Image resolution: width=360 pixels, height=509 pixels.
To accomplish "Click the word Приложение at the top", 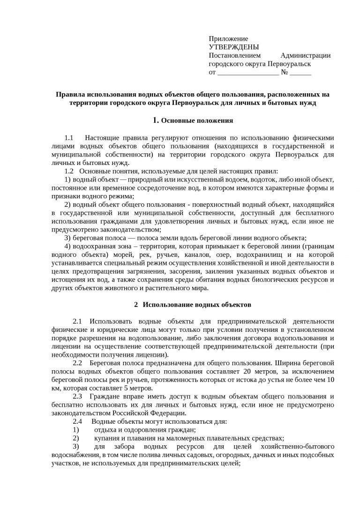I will (228, 38).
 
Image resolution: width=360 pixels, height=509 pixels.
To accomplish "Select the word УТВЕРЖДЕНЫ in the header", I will (233, 47).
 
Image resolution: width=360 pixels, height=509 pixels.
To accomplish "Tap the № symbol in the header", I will (284, 73).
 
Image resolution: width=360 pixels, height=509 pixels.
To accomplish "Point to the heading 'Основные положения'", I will (197, 120).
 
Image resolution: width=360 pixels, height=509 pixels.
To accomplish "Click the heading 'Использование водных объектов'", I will (197, 305).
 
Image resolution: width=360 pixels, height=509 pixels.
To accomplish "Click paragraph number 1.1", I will (69, 138).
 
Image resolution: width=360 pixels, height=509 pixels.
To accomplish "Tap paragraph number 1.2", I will (69, 171).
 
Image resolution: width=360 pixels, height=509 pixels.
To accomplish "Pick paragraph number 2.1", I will (77, 321).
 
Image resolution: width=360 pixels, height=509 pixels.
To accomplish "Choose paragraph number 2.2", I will (77, 363).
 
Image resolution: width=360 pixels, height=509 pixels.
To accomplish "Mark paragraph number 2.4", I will (77, 421).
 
